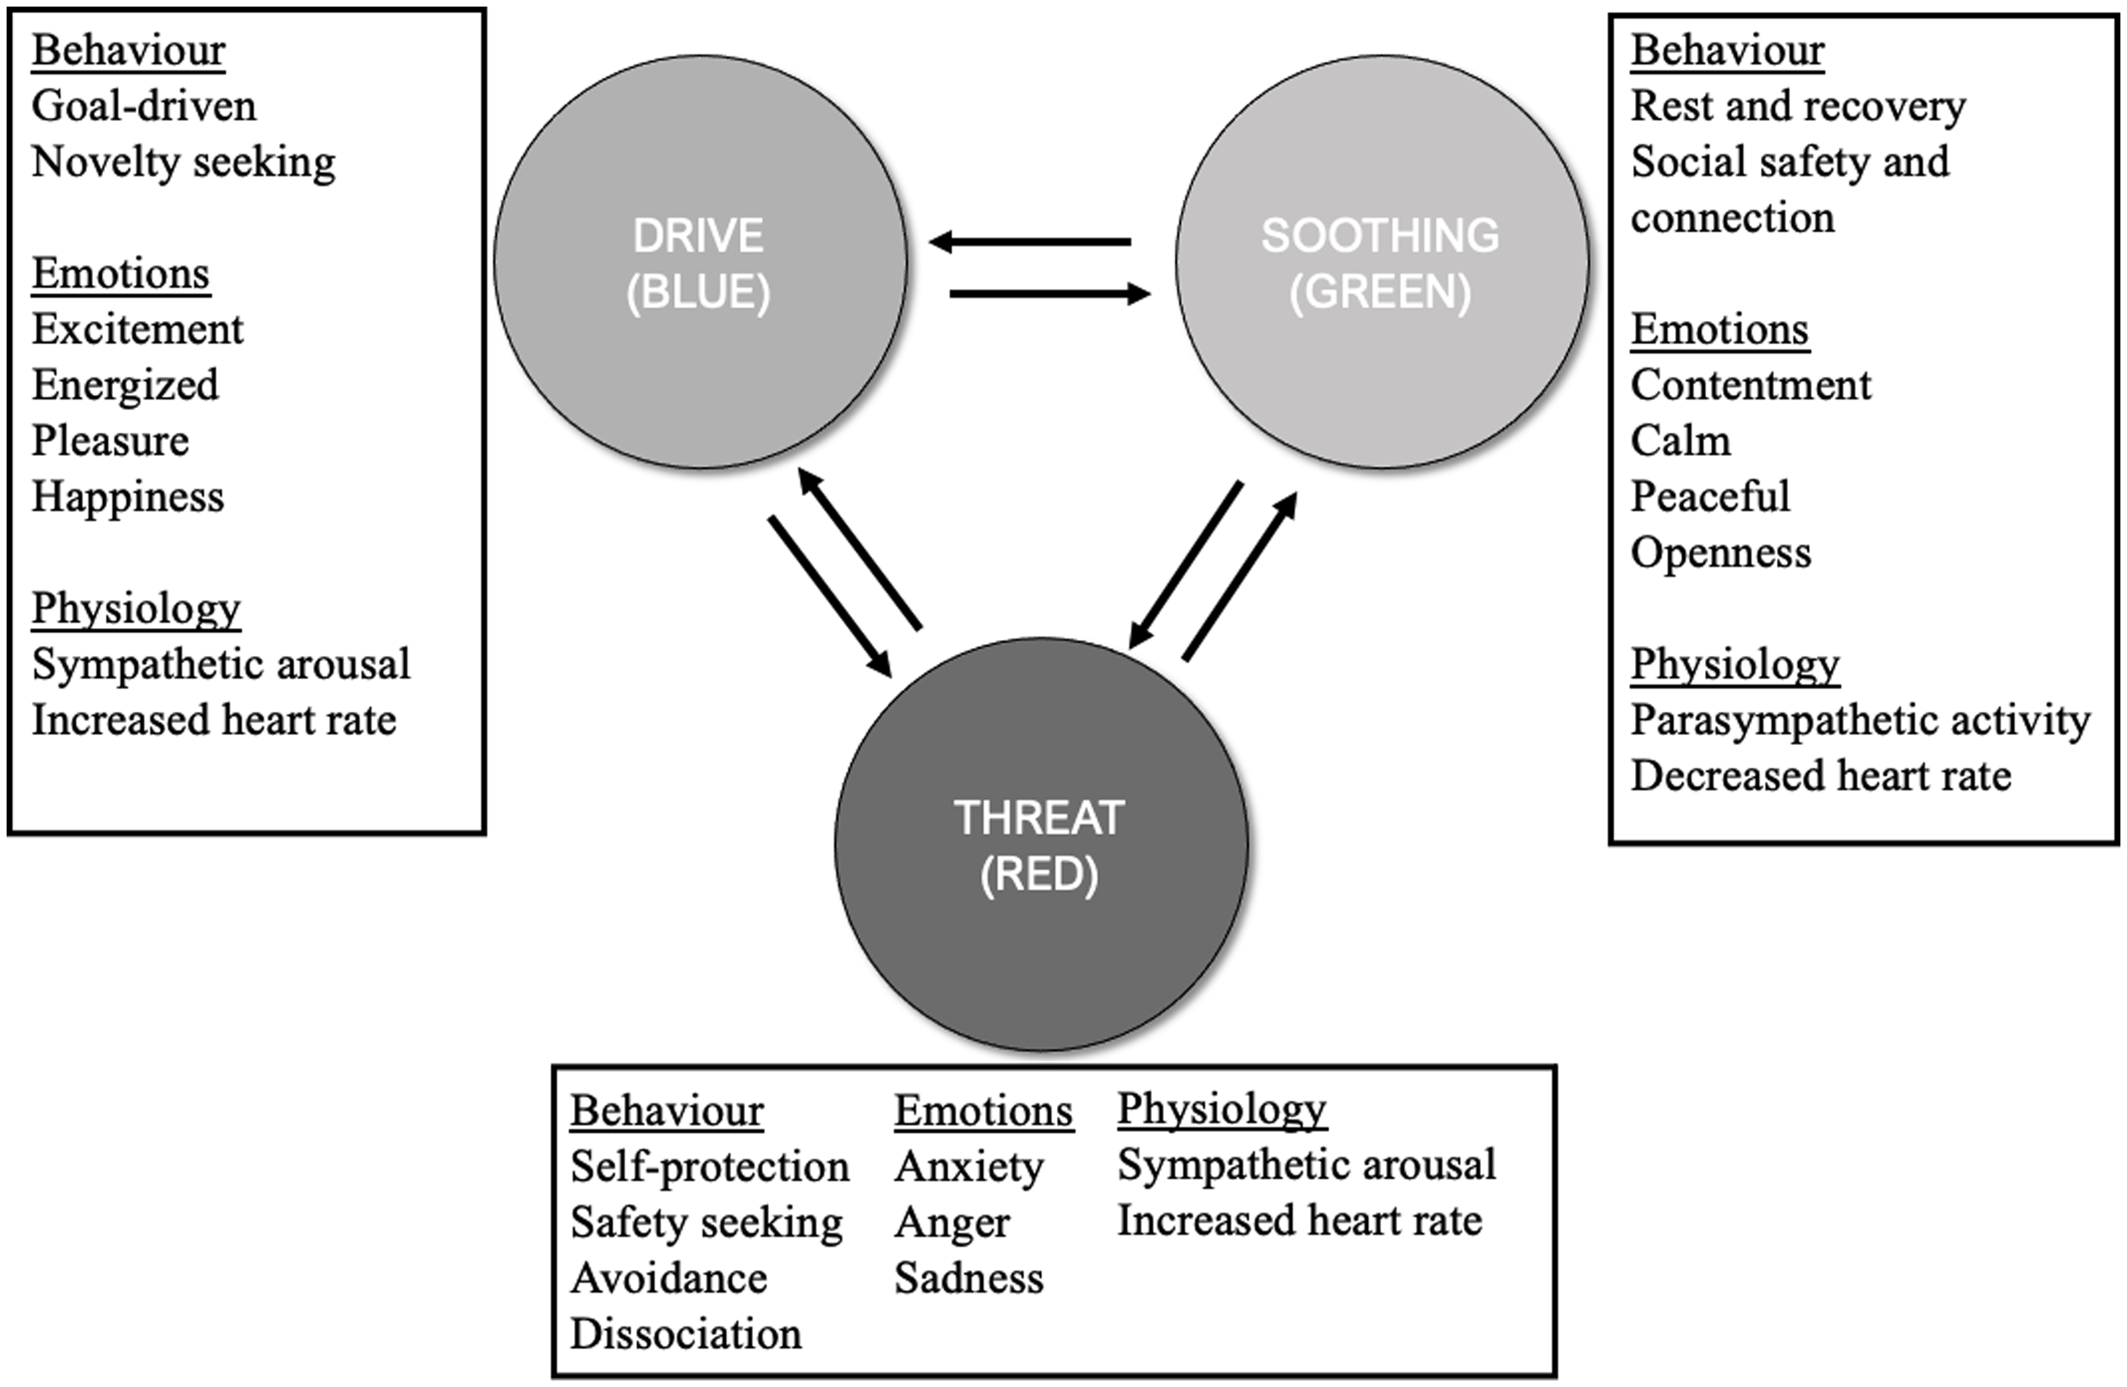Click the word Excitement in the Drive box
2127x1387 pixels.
[x=137, y=330]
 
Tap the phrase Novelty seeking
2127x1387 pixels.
[x=183, y=162]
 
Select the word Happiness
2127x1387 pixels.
[x=127, y=497]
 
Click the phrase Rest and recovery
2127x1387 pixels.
[x=1797, y=106]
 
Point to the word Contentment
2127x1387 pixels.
[x=1750, y=385]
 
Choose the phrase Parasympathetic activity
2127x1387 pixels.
[x=1859, y=721]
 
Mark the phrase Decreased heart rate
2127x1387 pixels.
[x=1821, y=775]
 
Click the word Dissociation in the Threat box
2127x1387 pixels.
[x=686, y=1334]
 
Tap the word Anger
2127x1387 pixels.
[x=952, y=1223]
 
